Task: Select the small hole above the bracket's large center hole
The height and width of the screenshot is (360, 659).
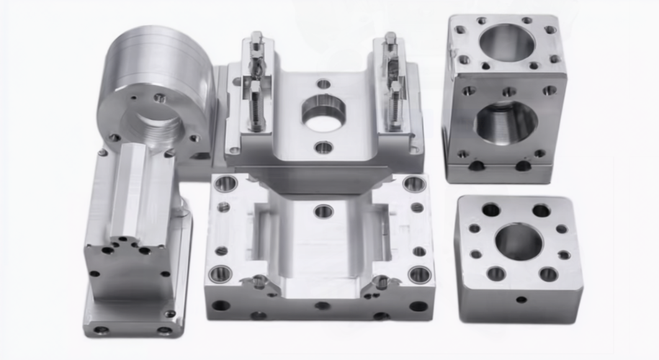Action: (x=324, y=84)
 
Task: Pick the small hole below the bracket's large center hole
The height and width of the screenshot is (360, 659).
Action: (x=324, y=148)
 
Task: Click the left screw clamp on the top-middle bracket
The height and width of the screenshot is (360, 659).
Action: (x=256, y=83)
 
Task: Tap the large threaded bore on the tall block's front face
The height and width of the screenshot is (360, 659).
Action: (x=506, y=122)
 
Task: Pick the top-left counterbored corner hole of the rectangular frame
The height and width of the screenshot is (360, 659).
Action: (x=225, y=184)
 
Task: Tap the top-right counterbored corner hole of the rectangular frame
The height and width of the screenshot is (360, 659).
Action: (x=414, y=184)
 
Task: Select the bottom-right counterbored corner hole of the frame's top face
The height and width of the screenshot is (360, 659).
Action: (x=420, y=274)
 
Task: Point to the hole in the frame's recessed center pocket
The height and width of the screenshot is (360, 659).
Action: (x=323, y=211)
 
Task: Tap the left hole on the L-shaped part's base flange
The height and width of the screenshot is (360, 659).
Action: (x=101, y=330)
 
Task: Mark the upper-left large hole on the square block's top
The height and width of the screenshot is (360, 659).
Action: (x=491, y=210)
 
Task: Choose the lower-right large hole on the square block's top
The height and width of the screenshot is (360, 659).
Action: (x=548, y=274)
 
